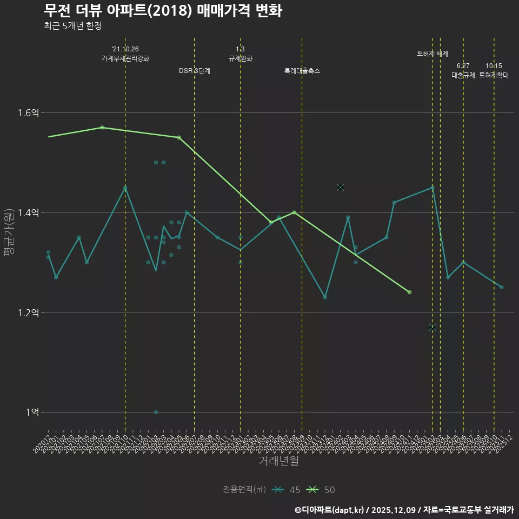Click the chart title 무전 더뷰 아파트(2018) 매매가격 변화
pos(162,11)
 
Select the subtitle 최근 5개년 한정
pos(72,26)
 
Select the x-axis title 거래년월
pos(278,461)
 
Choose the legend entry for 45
pos(286,490)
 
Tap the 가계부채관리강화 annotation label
pos(125,58)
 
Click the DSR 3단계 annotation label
pos(195,71)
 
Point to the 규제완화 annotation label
pos(241,58)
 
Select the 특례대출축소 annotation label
pos(302,71)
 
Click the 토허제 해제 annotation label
pos(432,54)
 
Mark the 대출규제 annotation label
pos(463,76)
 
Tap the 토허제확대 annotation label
pos(494,76)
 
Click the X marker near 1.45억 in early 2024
pos(340,187)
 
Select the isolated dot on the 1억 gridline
pos(156,412)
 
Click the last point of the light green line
pos(409,292)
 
